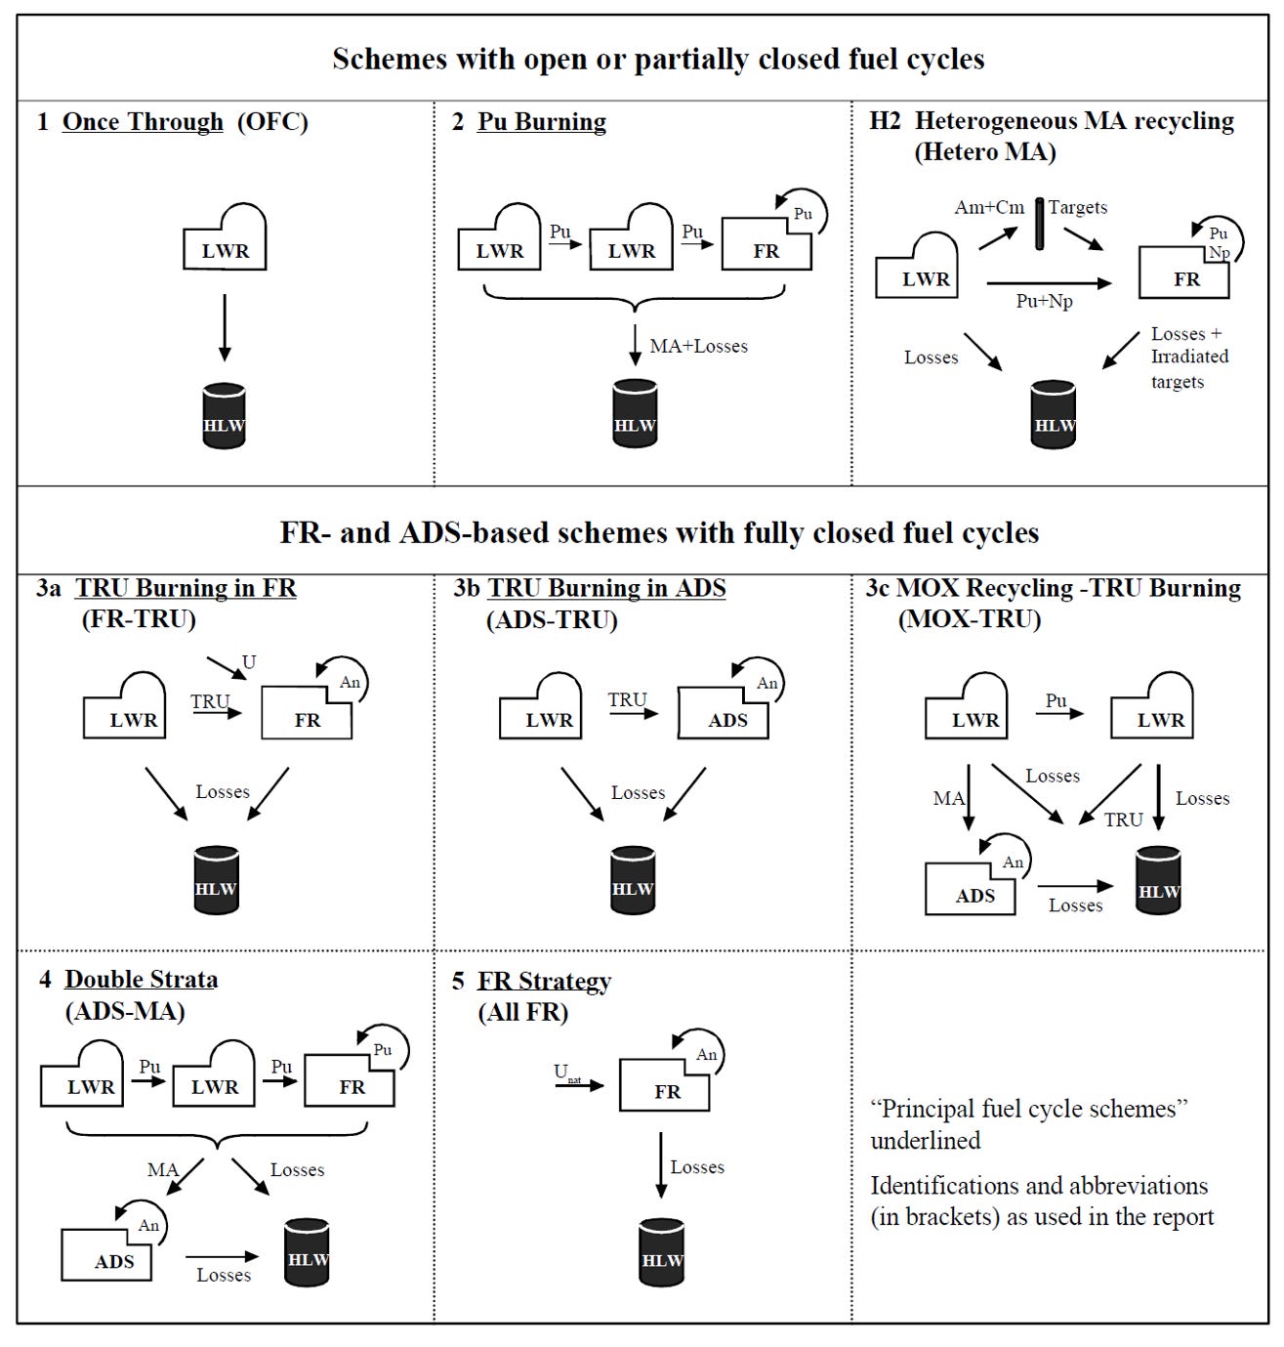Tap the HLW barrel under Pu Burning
635,415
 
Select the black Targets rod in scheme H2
1039,223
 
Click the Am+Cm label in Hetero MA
989,207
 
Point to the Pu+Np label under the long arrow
1044,301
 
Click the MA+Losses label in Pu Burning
698,346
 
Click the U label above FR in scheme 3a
249,662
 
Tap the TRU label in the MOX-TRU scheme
1123,820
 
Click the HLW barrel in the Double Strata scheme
308,1252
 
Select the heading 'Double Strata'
142,980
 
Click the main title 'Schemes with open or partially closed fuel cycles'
658,59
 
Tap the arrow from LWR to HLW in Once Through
225,327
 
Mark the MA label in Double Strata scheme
162,1169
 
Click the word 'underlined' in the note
925,1140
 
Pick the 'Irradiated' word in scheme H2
1189,357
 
